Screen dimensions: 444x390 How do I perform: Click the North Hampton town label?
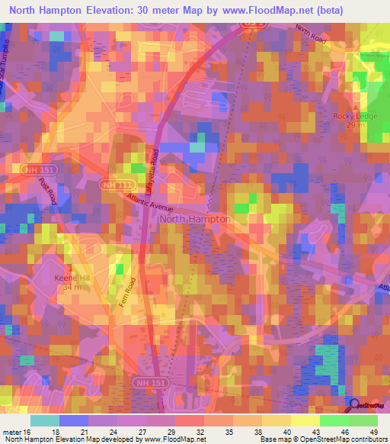pos(194,219)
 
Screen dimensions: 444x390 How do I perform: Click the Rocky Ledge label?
pos(351,115)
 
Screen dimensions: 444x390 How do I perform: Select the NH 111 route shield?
pos(112,185)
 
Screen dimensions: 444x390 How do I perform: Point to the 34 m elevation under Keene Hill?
pos(72,288)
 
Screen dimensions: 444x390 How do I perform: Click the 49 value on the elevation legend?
pos(372,431)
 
